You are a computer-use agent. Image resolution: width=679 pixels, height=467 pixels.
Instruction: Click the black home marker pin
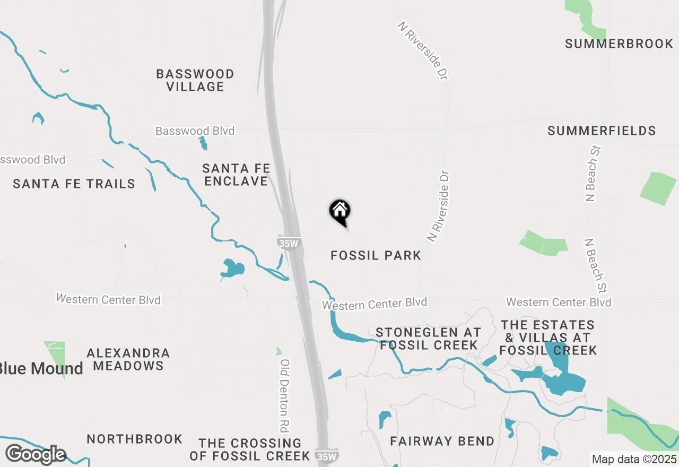tap(340, 212)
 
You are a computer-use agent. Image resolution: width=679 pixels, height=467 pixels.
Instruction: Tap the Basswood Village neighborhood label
tap(195, 80)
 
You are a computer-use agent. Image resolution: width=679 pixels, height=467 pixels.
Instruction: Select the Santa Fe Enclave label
tap(237, 175)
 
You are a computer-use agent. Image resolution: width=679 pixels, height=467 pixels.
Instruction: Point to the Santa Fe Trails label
tap(74, 184)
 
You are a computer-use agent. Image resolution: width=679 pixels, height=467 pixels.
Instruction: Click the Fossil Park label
tap(376, 256)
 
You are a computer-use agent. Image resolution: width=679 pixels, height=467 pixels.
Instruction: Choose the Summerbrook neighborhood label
tap(619, 44)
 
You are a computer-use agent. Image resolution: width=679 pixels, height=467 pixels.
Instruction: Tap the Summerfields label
tap(602, 131)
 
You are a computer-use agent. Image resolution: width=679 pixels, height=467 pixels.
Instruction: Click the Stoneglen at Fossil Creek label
tap(429, 339)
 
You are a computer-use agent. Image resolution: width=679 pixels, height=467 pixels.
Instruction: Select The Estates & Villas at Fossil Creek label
tap(549, 338)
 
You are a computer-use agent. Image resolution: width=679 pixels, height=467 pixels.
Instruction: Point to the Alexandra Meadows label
tap(128, 359)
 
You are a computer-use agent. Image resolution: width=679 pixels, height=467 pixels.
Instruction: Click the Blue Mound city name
tap(41, 368)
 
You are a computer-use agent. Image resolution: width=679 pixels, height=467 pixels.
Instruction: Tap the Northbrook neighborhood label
tap(135, 439)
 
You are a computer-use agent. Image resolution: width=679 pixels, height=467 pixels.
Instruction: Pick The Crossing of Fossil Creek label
tap(250, 449)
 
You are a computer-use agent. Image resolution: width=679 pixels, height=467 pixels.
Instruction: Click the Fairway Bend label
tap(442, 441)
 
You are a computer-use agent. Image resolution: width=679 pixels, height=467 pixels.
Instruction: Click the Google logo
tap(36, 454)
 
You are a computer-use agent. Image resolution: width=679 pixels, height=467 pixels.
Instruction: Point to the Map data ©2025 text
tap(634, 460)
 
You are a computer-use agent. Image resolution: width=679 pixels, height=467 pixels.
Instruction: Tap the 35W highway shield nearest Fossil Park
tap(289, 243)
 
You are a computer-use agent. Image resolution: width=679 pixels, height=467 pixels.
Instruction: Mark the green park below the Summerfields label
tap(658, 188)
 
